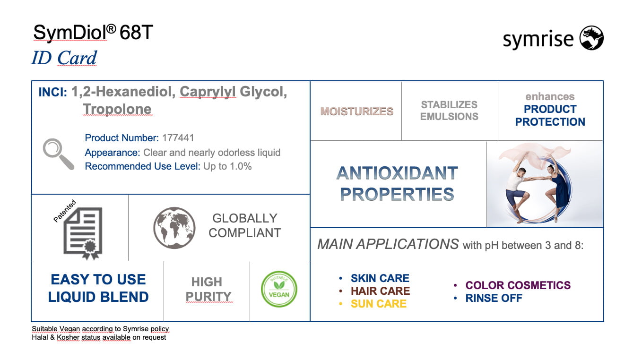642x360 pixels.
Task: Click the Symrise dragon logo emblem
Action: pos(591,38)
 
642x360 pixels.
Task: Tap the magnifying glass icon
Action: pos(59,154)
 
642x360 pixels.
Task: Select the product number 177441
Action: pos(178,138)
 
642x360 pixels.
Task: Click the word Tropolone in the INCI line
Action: pos(117,109)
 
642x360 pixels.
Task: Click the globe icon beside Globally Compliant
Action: pos(174,228)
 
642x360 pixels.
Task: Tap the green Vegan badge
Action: pos(279,289)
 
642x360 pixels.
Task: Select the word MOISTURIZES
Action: pos(357,111)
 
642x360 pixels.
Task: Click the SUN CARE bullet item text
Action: pos(379,304)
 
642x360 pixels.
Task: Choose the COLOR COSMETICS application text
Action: pos(518,285)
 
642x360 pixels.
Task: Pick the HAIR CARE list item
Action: pos(380,291)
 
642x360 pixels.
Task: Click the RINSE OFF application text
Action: pos(494,298)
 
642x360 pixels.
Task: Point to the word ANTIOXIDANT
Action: pos(397,173)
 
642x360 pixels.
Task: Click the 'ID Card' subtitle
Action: pos(64,58)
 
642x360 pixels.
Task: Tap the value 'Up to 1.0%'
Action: pos(227,166)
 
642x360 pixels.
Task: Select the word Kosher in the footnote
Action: pos(68,337)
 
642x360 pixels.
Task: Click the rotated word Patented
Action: pos(65,211)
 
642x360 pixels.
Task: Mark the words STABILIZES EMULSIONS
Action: pos(449,111)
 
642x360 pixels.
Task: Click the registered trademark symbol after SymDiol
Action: pos(111,29)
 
